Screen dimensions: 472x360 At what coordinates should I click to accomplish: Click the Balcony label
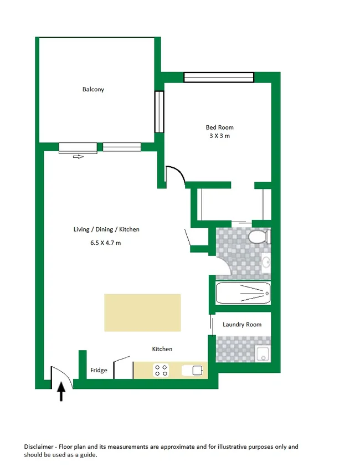click(93, 89)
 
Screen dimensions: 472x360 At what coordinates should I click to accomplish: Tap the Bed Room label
click(220, 127)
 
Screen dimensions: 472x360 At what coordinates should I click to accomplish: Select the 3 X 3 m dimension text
click(220, 136)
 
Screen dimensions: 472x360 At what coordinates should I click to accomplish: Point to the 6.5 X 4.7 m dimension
click(105, 243)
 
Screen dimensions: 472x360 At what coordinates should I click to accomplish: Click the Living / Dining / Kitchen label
click(106, 229)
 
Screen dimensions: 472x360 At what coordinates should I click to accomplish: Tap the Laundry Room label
click(241, 325)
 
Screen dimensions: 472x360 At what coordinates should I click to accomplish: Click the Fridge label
click(99, 371)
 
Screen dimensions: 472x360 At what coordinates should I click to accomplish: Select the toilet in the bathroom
click(258, 238)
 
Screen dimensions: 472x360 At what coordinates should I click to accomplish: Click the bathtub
click(243, 292)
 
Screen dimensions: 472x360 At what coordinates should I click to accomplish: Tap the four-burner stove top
click(161, 370)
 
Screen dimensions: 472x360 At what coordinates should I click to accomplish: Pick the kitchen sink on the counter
click(197, 371)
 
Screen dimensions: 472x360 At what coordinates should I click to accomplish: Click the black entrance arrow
click(61, 392)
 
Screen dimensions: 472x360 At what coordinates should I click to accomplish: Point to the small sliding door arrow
click(78, 157)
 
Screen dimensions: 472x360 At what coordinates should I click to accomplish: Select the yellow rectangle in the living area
click(142, 312)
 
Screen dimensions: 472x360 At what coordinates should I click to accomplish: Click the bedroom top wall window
click(219, 78)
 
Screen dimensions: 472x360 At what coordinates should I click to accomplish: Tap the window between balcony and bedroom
click(159, 111)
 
